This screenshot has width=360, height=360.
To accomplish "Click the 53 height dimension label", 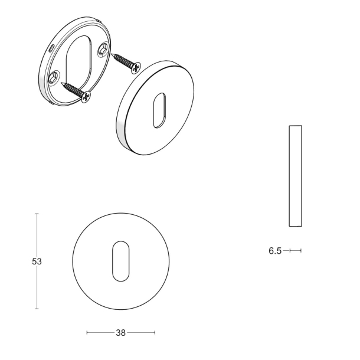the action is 37,261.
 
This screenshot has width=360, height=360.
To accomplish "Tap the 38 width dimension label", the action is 121,333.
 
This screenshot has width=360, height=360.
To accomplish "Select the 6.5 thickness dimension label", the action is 275,251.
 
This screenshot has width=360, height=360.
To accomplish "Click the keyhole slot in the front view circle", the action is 121,261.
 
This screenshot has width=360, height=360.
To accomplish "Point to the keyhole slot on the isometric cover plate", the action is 159,110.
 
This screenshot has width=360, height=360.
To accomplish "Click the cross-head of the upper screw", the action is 136,67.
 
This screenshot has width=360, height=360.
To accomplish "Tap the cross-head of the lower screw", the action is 86,97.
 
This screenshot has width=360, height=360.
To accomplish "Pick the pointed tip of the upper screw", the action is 112,54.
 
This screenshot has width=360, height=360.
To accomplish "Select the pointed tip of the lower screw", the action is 61,83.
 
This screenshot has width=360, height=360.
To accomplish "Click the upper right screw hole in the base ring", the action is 103,49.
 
